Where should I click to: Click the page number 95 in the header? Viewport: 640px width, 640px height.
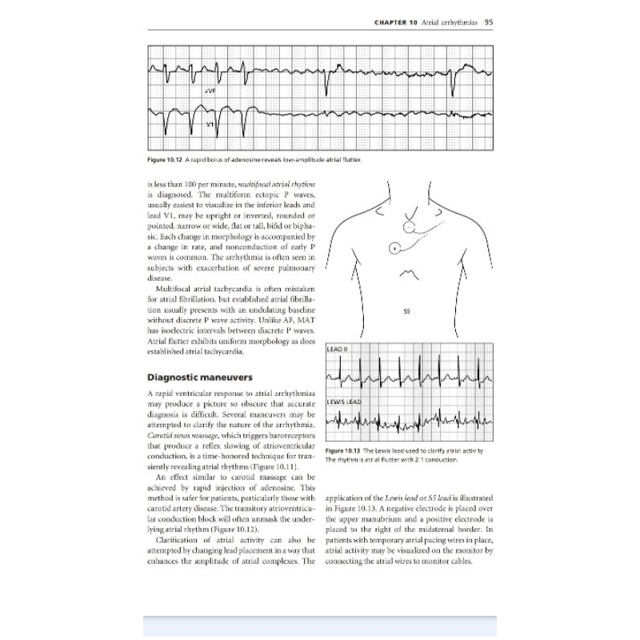click(487, 22)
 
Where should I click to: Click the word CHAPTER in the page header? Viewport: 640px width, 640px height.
click(391, 22)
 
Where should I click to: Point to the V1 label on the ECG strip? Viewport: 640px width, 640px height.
click(210, 126)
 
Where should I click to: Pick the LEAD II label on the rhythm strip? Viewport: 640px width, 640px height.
click(335, 350)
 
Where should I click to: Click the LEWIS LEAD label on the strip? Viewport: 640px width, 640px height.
click(345, 401)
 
